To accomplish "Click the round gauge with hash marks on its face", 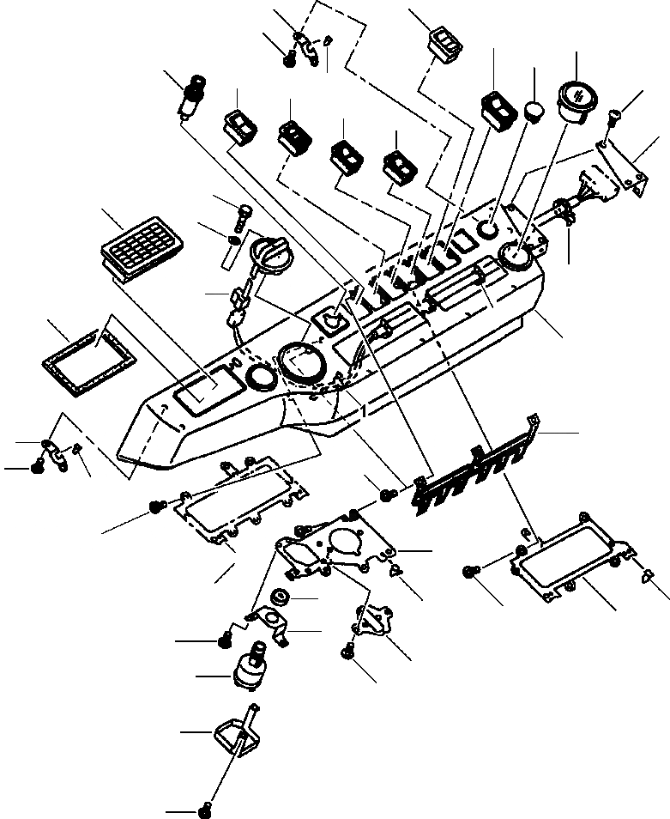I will [x=575, y=97].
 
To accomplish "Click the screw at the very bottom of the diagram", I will [x=204, y=809].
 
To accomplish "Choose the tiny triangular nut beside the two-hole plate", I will [x=396, y=569].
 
